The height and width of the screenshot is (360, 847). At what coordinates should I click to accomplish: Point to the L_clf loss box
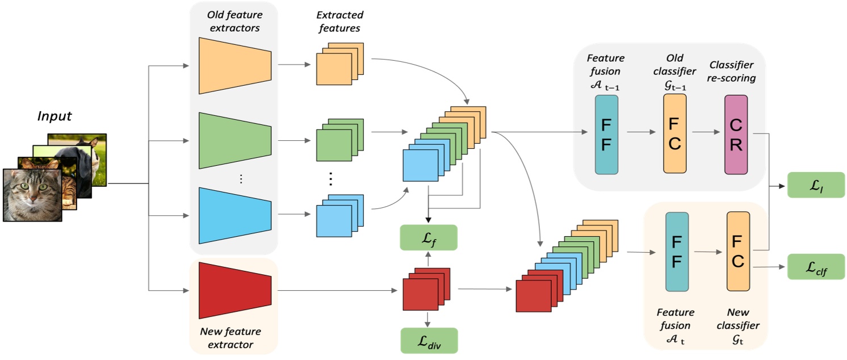pyautogui.click(x=816, y=266)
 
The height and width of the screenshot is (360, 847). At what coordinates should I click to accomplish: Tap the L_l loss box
pyautogui.click(x=816, y=185)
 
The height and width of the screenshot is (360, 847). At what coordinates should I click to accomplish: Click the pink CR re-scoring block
pyautogui.click(x=736, y=134)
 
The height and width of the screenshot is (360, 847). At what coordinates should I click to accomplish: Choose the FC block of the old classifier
pyautogui.click(x=674, y=134)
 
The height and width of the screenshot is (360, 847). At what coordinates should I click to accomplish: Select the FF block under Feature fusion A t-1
pyautogui.click(x=606, y=134)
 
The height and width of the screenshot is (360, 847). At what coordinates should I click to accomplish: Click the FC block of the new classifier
pyautogui.click(x=738, y=252)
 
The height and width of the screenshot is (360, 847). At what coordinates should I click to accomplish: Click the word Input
pyautogui.click(x=54, y=116)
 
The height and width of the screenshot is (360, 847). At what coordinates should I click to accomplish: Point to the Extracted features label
pyautogui.click(x=339, y=21)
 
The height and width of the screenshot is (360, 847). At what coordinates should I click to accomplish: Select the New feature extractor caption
pyautogui.click(x=230, y=337)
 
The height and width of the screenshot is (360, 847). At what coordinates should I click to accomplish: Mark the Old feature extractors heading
pyautogui.click(x=233, y=21)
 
